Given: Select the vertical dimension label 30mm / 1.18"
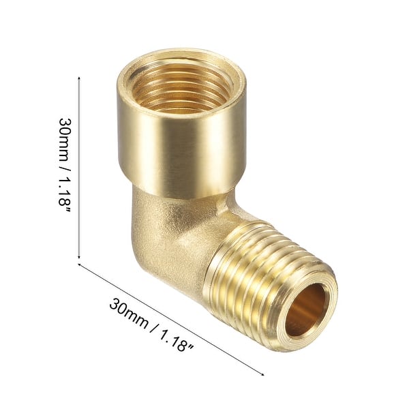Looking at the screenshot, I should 65,164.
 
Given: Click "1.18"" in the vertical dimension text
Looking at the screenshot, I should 65,194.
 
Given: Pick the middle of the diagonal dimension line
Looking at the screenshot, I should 170,319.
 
